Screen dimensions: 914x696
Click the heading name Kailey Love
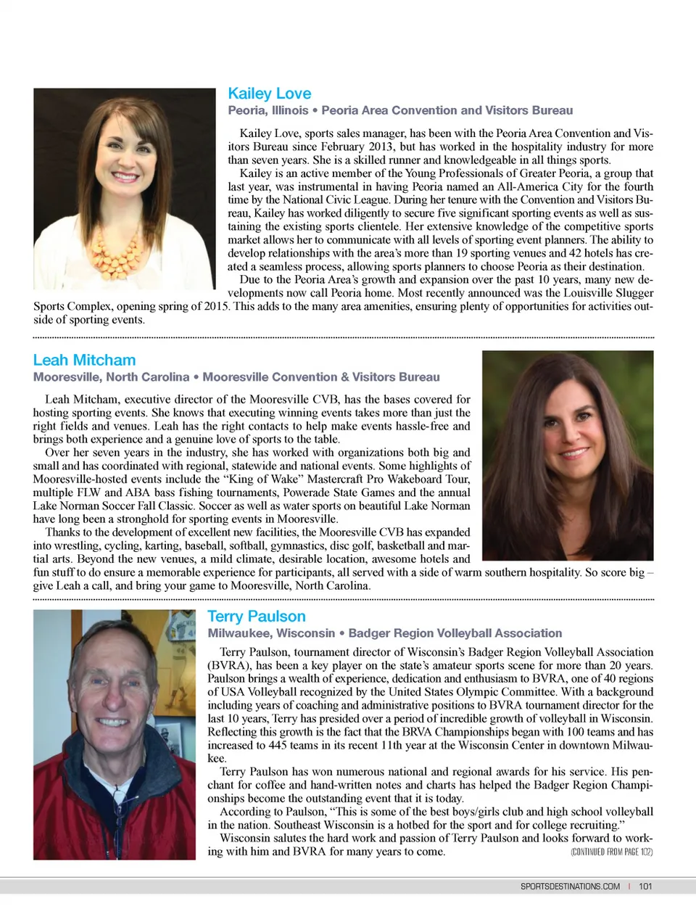click(x=269, y=94)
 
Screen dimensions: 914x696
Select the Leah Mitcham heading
click(x=84, y=360)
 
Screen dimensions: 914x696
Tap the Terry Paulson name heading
click(x=256, y=616)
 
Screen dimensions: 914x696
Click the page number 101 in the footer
click(x=645, y=886)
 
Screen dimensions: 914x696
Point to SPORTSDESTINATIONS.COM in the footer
click(x=570, y=886)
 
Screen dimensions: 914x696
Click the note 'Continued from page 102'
click(x=611, y=852)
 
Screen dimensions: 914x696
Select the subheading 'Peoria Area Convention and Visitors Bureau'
click(x=447, y=110)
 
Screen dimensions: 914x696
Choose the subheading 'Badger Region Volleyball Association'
click(x=455, y=633)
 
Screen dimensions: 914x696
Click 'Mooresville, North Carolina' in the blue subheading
click(x=111, y=377)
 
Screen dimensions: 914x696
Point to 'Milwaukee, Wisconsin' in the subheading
click(x=271, y=633)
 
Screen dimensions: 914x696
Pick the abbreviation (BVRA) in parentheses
click(x=228, y=666)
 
